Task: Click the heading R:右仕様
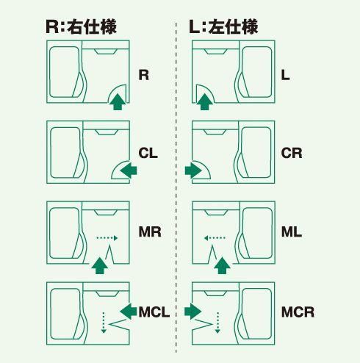point(81,26)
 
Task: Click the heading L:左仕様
point(223,26)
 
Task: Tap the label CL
point(148,154)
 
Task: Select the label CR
point(292,154)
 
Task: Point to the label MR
point(150,231)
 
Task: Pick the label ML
point(292,231)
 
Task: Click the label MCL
point(154,312)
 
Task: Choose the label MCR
point(298,312)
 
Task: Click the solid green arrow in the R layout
point(118,101)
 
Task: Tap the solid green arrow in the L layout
point(205,101)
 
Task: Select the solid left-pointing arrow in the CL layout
point(129,170)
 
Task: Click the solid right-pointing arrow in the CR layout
point(193,170)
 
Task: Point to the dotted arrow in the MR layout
point(107,238)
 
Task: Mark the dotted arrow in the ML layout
point(215,238)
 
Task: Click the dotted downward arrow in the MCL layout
point(104,323)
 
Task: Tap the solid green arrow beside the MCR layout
point(193,312)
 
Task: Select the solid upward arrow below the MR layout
point(100,265)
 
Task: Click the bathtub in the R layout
point(65,72)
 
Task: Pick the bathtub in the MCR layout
point(256,314)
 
